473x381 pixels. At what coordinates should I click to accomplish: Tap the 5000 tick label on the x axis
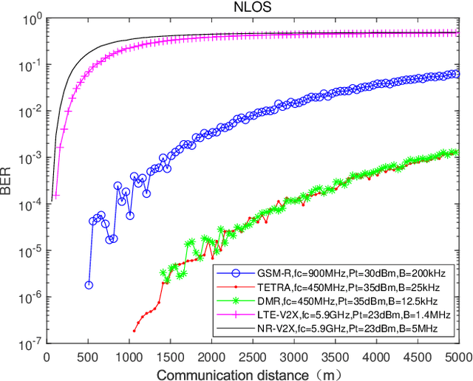459,355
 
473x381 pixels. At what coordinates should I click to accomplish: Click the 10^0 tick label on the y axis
32,20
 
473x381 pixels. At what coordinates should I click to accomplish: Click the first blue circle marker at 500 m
89,284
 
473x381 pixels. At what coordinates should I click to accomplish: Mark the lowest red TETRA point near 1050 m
134,330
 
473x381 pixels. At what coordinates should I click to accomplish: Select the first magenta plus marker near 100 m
55,196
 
